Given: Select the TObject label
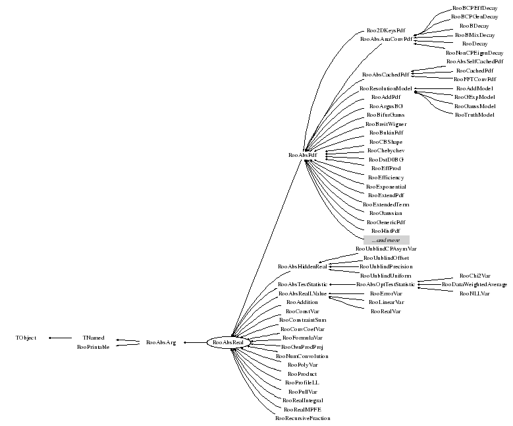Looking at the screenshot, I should [x=26, y=338].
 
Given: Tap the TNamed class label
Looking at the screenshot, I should [x=94, y=338].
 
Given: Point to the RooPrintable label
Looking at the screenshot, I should [x=94, y=346].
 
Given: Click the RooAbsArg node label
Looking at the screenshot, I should [x=161, y=342].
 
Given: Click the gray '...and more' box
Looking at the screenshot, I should [x=387, y=240].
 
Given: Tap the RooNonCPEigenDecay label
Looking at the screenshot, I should [x=474, y=52].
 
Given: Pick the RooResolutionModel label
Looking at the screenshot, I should [x=386, y=88].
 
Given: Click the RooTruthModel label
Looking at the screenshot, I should [x=474, y=115].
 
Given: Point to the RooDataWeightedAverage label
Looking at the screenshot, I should [x=474, y=284].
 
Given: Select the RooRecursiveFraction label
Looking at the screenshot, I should [x=303, y=418].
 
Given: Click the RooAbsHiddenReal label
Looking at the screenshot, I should [x=303, y=266].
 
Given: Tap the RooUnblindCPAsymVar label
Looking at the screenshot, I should [x=386, y=249].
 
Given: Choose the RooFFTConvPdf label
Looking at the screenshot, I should [x=474, y=79].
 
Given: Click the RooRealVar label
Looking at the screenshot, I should [x=386, y=311].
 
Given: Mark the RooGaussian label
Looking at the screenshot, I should [x=386, y=213].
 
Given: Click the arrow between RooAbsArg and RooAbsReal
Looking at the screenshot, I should [x=195, y=342].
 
